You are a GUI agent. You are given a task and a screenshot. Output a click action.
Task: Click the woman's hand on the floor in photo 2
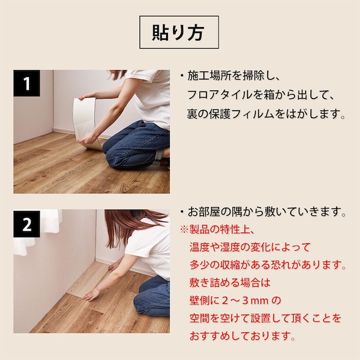pyautogui.click(x=93, y=294)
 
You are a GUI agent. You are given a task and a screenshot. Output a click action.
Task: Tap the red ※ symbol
pyautogui.click(x=184, y=228)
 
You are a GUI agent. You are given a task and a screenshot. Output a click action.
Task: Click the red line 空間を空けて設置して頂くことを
pyautogui.click(x=265, y=318)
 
